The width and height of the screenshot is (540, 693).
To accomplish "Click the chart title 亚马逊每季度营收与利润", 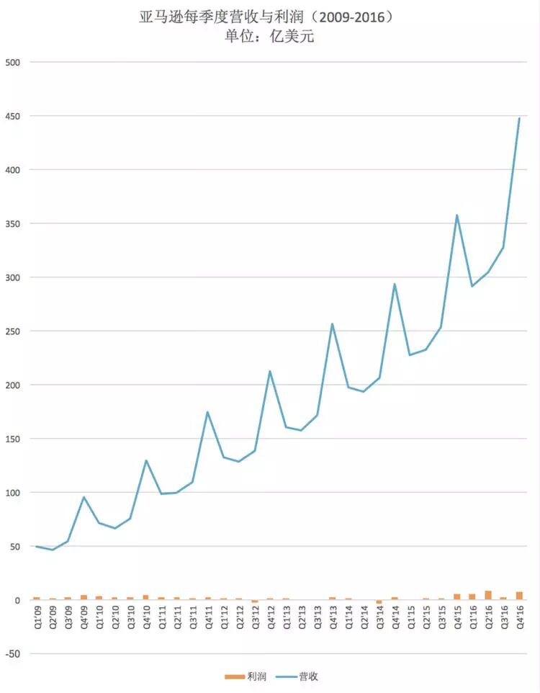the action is [221, 17].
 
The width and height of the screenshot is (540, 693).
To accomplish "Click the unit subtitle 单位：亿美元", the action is [269, 36].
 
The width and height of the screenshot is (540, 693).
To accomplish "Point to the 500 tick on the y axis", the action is [13, 63].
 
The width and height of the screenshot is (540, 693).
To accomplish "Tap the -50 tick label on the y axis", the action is [13, 653].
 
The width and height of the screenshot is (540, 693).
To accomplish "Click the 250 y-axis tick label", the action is [13, 331].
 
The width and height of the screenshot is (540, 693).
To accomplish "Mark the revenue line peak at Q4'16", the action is [519, 118].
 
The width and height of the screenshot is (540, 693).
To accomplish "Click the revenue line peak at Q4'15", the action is [457, 215].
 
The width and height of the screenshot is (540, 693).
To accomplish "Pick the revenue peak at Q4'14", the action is [395, 284].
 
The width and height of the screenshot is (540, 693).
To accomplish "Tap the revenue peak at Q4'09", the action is [84, 497].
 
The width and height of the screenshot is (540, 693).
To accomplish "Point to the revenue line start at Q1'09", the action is [37, 546].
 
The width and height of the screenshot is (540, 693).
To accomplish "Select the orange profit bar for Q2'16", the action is [488, 595].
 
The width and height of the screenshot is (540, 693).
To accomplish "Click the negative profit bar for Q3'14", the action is [379, 602].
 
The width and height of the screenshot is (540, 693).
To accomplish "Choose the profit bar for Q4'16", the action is [519, 596].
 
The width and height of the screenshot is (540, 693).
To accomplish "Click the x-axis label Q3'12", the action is [255, 617].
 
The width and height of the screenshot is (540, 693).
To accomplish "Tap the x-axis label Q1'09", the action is [37, 617].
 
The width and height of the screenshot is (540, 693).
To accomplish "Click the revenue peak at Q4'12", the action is [270, 371].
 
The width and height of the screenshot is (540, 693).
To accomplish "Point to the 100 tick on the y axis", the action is [13, 493].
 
